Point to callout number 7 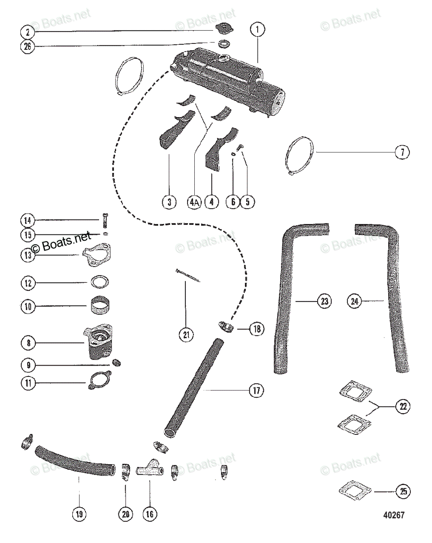pos(402,152)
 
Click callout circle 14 pos(27,221)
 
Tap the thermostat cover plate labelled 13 pos(97,256)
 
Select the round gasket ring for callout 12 pos(99,282)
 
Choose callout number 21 pos(186,335)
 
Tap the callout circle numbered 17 pos(257,390)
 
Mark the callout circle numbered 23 pos(324,300)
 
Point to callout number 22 pos(402,407)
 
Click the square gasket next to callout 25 pos(355,490)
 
